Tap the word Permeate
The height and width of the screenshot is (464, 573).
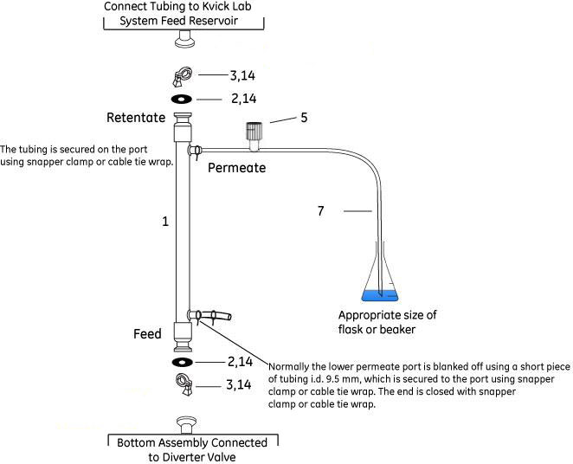[236, 167]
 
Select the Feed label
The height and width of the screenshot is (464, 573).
[147, 333]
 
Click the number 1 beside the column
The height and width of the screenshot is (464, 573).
[164, 222]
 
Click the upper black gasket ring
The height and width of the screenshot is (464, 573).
[183, 98]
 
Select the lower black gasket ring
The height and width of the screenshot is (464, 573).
[183, 361]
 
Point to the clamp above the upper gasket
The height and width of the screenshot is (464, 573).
[183, 76]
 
